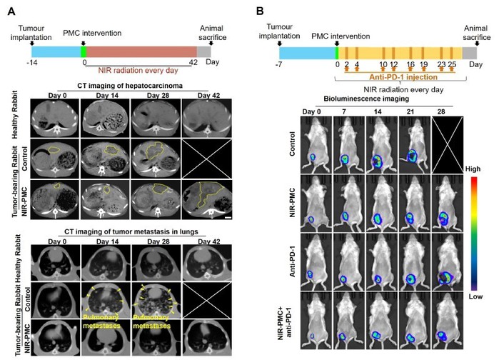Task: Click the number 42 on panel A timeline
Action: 196,63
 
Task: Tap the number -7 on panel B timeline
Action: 281,63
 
